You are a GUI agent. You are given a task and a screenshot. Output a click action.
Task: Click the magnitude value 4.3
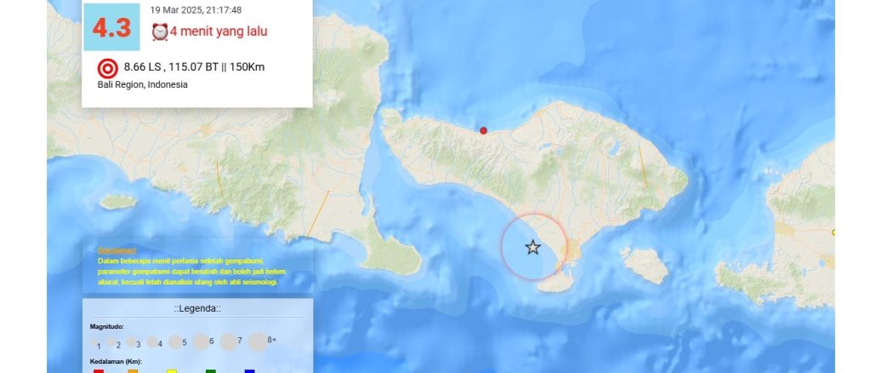tap(111, 29)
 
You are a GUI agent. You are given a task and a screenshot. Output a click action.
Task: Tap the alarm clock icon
tap(159, 32)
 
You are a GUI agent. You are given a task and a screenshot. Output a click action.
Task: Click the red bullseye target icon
tap(108, 68)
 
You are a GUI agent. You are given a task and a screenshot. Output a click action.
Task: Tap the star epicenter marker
tap(532, 248)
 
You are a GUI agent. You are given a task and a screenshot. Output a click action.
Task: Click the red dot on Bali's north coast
tap(484, 130)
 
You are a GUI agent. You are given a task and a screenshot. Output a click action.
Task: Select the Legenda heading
tap(197, 308)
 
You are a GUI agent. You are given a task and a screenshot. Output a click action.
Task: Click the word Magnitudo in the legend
tap(107, 326)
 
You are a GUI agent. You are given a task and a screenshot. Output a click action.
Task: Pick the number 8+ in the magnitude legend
tap(272, 339)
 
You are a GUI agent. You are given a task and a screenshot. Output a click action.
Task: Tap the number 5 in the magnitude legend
tap(185, 342)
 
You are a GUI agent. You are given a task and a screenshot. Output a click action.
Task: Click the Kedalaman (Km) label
tap(116, 362)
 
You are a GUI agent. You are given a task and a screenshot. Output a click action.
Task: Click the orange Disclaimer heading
tap(117, 250)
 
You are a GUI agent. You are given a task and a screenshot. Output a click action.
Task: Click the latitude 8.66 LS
tap(143, 67)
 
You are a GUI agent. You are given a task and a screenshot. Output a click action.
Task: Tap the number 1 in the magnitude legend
tap(99, 346)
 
